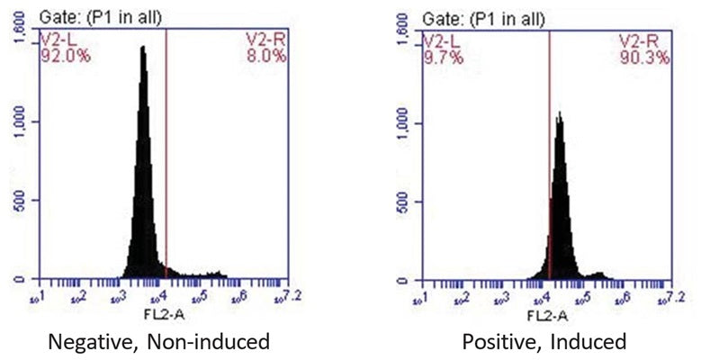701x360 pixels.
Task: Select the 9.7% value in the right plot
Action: tap(438, 55)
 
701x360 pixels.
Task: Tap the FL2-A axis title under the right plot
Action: tap(545, 315)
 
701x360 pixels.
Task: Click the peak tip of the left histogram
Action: tap(142, 48)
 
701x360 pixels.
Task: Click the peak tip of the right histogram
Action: tap(560, 113)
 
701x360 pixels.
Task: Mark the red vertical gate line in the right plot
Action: tap(550, 162)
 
